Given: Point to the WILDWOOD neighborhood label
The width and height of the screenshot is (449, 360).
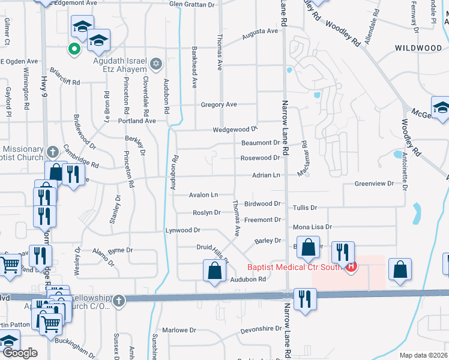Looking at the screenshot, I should pos(418,47).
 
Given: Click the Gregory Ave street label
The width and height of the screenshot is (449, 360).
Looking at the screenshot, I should pos(219,104).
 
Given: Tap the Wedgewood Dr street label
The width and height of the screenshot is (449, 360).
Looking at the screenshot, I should pos(235,130).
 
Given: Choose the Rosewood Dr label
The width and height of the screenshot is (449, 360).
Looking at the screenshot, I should pos(260,158).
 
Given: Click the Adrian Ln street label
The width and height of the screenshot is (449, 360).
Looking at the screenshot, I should pos(266,175).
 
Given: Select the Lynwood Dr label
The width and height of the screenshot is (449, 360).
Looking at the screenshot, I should pos(182,230).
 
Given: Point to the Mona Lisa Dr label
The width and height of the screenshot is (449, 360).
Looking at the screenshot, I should pos(312,227).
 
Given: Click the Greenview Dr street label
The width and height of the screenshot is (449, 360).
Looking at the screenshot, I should pos(374,184).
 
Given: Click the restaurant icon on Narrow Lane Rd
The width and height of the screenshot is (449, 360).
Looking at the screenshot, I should pos(305,299).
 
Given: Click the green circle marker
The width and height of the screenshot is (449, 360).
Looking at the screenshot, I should pos(74,49).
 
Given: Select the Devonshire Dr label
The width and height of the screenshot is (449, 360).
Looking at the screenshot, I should pos(261,329).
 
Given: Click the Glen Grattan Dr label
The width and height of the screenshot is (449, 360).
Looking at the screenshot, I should pos(191,4).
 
